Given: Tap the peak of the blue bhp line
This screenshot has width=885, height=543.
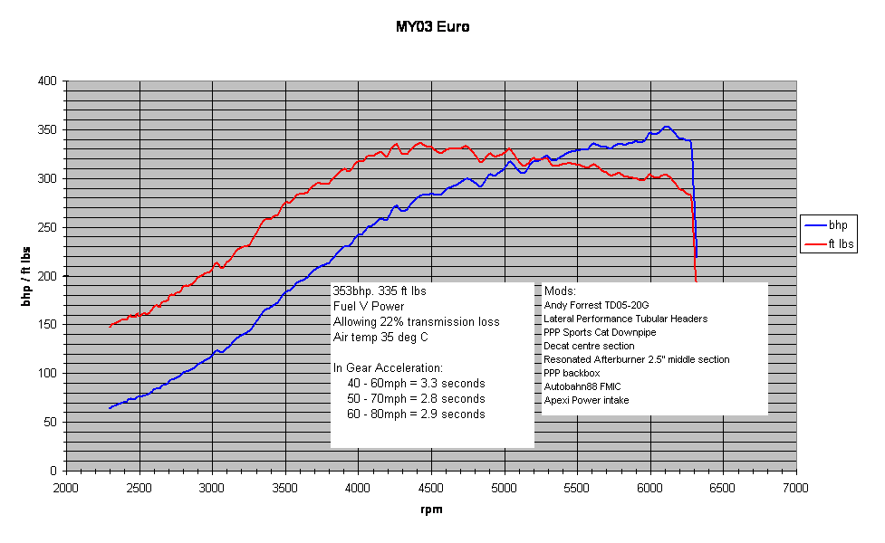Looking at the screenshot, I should [x=666, y=127].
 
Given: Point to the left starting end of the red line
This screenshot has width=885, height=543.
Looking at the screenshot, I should [x=110, y=326].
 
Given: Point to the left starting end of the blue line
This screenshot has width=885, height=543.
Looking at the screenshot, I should [x=110, y=408].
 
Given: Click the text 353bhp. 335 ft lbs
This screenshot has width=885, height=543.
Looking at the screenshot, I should [x=380, y=291].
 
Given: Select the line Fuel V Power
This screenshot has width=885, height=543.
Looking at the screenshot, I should [x=369, y=307].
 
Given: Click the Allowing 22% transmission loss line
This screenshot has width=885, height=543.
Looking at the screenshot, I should [x=416, y=322].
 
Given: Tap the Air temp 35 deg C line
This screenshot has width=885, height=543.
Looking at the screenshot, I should [x=380, y=338].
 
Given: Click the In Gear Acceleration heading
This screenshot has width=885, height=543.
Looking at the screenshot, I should [x=388, y=368].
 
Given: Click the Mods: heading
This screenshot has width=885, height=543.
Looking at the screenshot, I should [x=560, y=291].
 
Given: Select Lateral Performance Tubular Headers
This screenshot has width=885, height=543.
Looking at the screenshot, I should [x=626, y=319].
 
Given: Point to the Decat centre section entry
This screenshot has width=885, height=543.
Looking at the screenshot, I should [x=589, y=346].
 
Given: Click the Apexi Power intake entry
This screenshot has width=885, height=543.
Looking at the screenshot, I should [x=586, y=400].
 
